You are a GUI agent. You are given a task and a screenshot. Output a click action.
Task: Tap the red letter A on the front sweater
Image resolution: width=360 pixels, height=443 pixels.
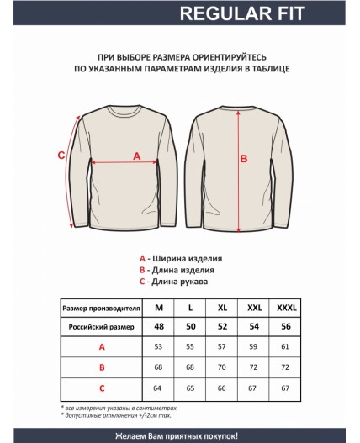click(137, 156)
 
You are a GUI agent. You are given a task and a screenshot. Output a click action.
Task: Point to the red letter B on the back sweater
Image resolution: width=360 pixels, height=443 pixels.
click(245, 157)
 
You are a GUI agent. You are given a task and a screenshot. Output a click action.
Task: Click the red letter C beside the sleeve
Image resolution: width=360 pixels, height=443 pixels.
click(61, 155)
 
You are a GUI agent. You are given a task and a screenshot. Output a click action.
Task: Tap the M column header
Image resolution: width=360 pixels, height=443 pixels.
click(159, 307)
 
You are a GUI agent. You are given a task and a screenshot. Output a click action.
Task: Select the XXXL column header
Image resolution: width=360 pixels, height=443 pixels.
click(285, 307)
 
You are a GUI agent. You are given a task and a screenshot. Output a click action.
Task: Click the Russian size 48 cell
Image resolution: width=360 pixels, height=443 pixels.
click(159, 325)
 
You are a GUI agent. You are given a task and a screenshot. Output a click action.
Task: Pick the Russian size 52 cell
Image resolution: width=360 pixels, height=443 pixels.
click(222, 325)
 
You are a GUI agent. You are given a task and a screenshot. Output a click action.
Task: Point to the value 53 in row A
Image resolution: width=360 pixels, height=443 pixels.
click(159, 346)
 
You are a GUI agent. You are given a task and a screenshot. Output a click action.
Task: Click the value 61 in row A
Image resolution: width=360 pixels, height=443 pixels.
click(285, 346)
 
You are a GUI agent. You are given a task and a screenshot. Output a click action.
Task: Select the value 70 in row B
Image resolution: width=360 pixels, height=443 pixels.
click(222, 367)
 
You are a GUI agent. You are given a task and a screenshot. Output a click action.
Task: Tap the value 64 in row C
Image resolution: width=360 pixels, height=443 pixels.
click(159, 388)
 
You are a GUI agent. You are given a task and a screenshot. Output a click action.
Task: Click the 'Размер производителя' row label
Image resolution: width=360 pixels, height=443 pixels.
click(102, 307)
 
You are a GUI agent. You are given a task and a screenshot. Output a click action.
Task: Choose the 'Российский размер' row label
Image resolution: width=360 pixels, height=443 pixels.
click(102, 325)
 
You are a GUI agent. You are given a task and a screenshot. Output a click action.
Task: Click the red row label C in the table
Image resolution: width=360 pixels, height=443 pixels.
click(102, 388)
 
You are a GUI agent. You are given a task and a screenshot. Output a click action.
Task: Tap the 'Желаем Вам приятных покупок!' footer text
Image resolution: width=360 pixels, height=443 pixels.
click(180, 435)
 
